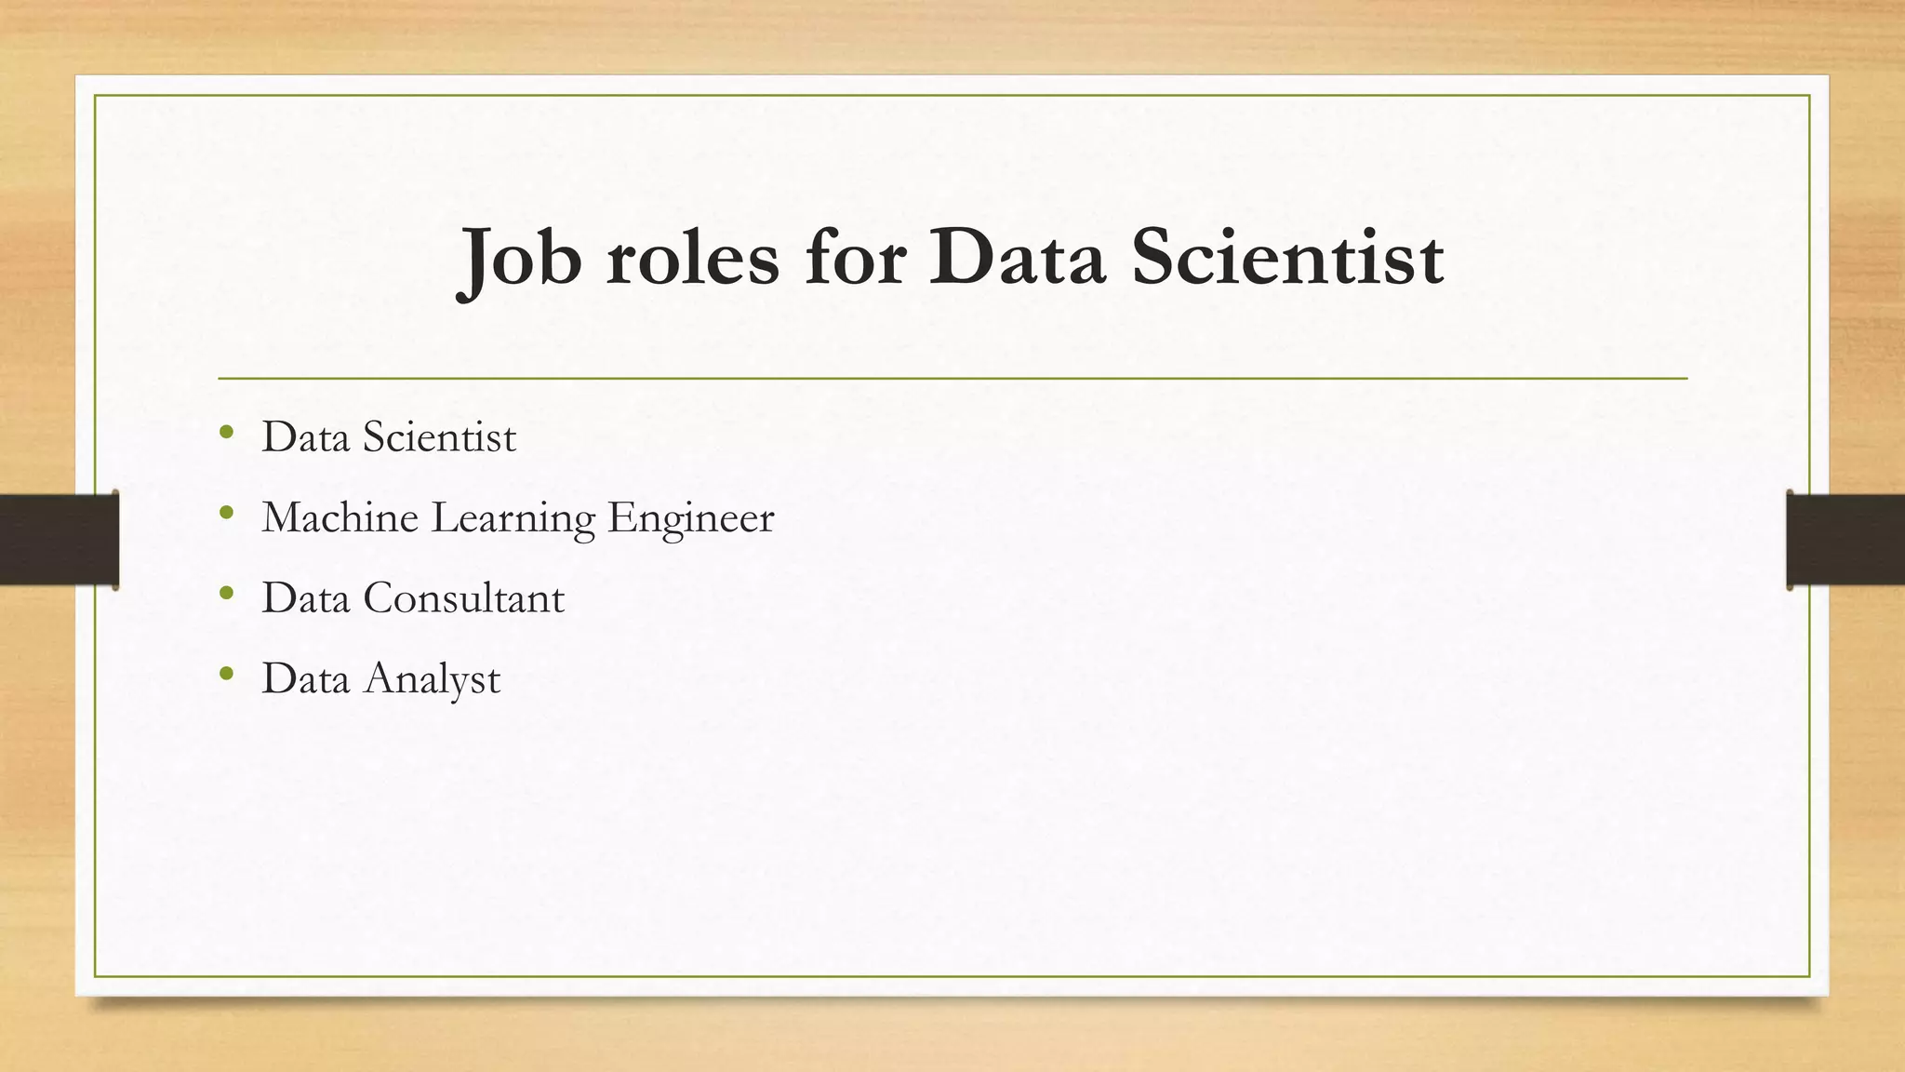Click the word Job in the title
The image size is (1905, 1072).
[520, 259]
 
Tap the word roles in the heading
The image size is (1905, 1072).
[693, 259]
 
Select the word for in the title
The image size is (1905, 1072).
[855, 259]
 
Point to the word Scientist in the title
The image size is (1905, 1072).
[1287, 259]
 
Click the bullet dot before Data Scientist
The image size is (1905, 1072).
[226, 432]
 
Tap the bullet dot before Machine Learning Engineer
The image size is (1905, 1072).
[226, 512]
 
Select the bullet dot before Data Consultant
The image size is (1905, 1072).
[226, 593]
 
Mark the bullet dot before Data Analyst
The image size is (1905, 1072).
[226, 673]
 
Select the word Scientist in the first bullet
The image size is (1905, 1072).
[439, 437]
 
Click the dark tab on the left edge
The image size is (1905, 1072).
[59, 540]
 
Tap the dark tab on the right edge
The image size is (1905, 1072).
[1845, 540]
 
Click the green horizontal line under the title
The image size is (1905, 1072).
[952, 379]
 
